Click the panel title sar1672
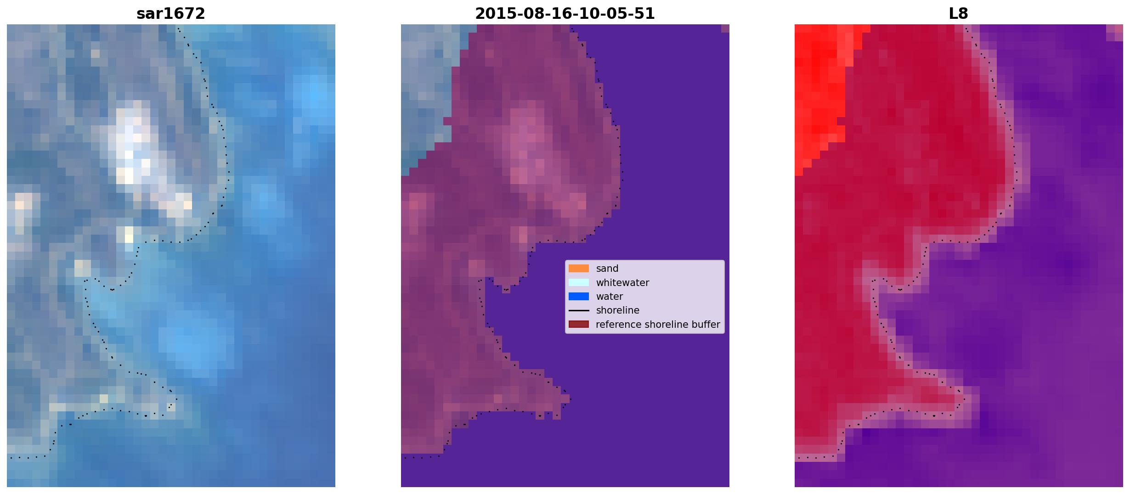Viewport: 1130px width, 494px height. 170,14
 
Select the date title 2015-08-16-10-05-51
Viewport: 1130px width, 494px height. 565,14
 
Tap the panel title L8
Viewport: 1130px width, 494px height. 958,14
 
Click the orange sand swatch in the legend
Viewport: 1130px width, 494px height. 578,269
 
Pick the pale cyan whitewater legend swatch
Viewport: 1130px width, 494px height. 578,283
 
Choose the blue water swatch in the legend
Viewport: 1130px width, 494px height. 578,297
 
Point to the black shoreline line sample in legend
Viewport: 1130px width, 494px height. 578,311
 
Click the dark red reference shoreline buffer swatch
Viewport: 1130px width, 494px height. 578,325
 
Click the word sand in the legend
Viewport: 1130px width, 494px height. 607,269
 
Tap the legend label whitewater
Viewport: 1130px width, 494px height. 622,283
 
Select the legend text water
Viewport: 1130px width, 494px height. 610,297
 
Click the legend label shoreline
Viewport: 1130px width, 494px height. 618,310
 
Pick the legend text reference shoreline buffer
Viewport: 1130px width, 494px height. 658,325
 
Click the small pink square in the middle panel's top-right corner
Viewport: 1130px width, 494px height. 725,28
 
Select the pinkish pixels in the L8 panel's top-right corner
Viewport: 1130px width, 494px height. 1115,32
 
